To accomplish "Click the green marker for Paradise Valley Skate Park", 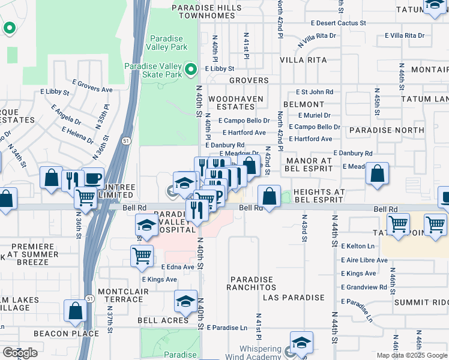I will coord(191,70).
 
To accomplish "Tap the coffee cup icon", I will coord(92,179).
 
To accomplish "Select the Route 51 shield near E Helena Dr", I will coord(124,140).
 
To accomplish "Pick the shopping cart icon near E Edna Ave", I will coord(142,255).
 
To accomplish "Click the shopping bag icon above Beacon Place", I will coord(75,311).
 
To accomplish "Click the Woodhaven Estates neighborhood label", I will coord(231,102).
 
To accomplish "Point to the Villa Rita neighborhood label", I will coord(303,60).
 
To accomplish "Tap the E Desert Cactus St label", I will coord(338,23).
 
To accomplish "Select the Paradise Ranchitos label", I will coord(250,283).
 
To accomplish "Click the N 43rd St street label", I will coord(305,229).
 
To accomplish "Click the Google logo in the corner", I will coord(20,353).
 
